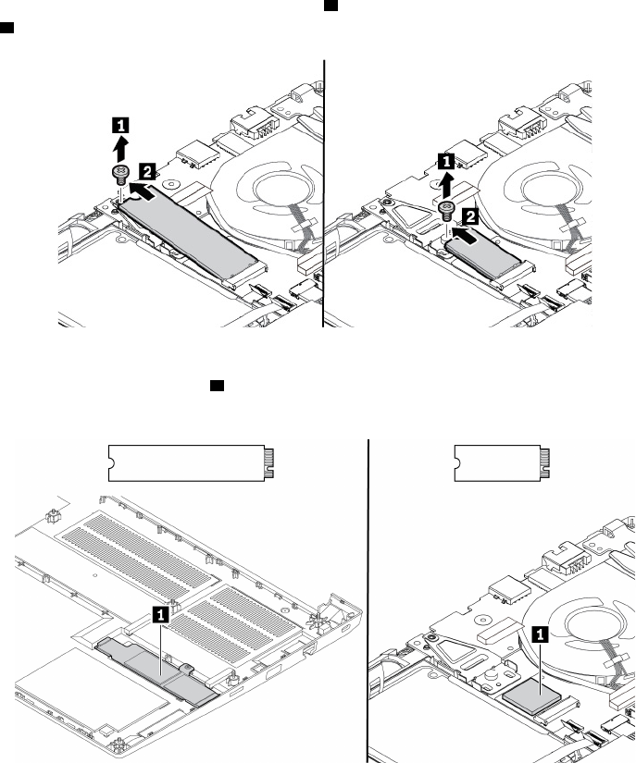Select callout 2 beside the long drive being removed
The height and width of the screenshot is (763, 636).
(146, 169)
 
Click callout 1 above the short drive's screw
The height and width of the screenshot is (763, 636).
(445, 160)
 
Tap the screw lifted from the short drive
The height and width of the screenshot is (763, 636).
(445, 209)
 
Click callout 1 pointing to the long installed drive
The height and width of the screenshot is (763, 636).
(161, 612)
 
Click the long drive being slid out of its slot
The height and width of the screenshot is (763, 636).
(189, 226)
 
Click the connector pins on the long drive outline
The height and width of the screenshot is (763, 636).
(269, 461)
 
